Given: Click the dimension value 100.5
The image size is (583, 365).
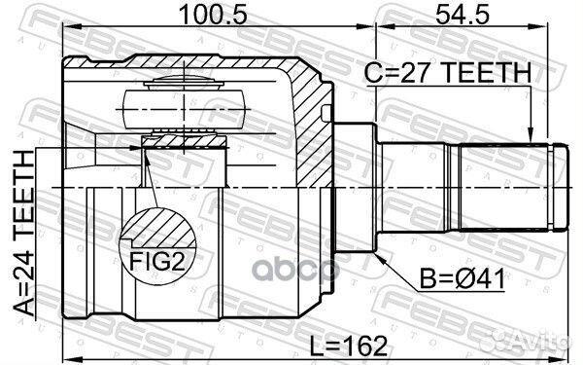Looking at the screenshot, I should click(201, 17).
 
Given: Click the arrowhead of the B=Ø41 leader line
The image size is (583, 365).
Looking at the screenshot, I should click(374, 254).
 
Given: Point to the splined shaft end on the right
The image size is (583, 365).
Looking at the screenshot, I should click(505, 185).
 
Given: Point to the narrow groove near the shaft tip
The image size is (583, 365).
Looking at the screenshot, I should click(550, 185).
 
